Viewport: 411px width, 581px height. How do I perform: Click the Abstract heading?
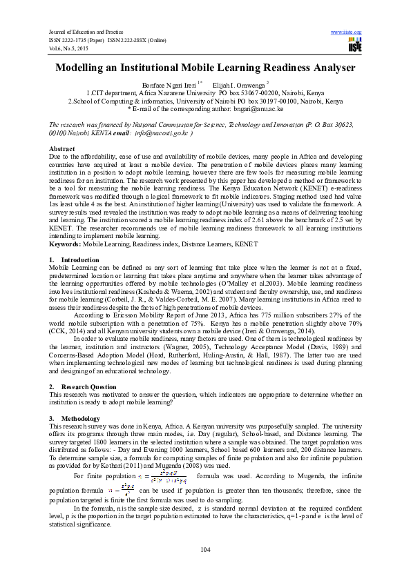pos(62,149)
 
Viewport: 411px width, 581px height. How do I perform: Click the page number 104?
pos(205,549)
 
